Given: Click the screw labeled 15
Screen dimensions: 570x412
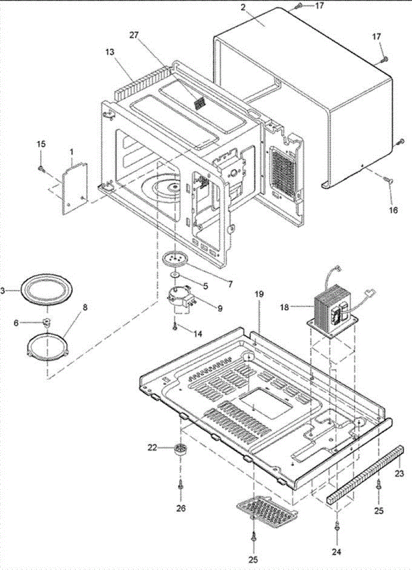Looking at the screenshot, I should (42, 168).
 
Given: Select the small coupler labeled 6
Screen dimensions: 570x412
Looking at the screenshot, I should (47, 323).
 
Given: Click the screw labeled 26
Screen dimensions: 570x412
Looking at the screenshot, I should (180, 484).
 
